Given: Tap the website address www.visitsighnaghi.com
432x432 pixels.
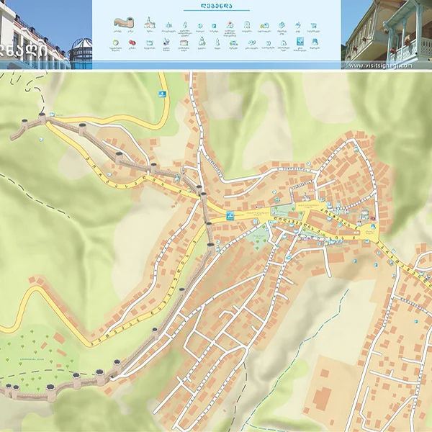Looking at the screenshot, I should tap(380, 66).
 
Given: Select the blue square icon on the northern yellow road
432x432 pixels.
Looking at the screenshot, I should tap(161, 94).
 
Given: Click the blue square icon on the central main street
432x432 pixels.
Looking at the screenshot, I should tap(230, 216).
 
